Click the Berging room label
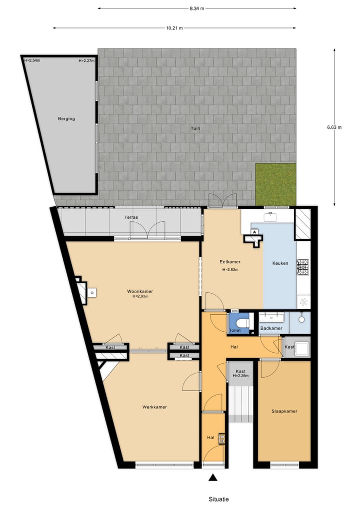66,119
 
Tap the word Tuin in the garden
194,128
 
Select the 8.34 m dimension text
197,8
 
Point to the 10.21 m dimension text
174,28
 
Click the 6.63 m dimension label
334,127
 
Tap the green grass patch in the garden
275,184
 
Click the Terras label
131,218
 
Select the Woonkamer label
140,291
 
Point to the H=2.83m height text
230,270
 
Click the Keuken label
280,263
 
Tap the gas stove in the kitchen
303,267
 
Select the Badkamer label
271,328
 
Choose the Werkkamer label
154,407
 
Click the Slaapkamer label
284,412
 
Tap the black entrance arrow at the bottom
213,478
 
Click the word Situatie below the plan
219,499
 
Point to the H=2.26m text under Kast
240,376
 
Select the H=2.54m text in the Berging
32,61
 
